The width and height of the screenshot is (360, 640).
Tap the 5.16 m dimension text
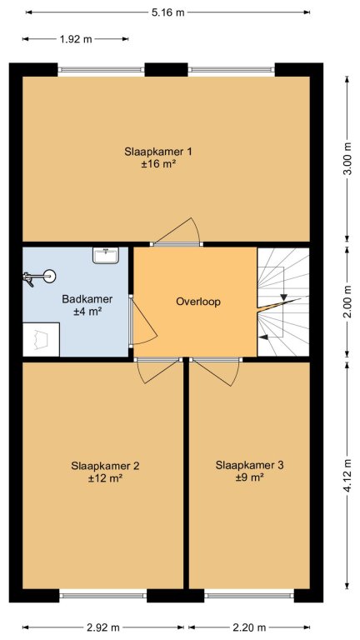tap(168, 12)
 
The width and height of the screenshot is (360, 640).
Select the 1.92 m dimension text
tap(76, 40)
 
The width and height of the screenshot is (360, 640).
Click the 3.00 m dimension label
tap(347, 159)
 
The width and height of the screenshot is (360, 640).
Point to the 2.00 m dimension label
tap(347, 302)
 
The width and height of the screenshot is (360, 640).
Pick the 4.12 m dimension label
tap(347, 476)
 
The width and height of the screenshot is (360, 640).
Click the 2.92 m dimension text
tap(102, 627)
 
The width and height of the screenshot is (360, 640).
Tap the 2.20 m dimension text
tap(249, 627)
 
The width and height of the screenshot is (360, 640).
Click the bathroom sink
tap(106, 255)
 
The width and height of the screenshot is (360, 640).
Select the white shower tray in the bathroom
tap(41, 339)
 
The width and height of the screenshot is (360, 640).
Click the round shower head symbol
tap(50, 277)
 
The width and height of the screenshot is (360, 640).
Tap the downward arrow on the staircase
tap(283, 297)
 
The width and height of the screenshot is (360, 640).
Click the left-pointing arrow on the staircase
tap(263, 337)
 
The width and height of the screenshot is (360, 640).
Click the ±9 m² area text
tap(250, 477)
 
